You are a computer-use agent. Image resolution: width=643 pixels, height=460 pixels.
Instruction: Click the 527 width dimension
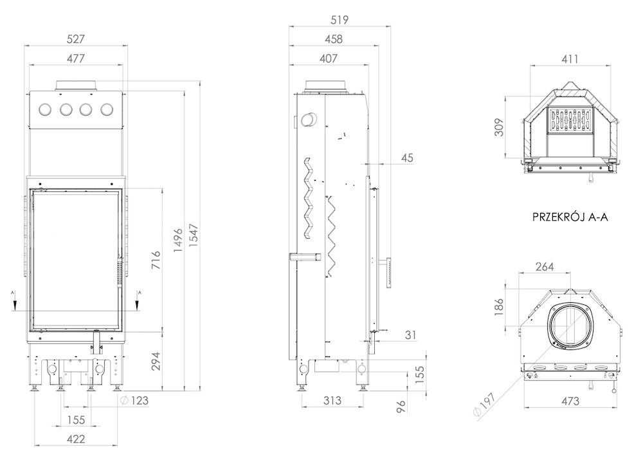75,39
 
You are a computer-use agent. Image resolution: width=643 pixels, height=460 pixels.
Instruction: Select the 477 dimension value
75,59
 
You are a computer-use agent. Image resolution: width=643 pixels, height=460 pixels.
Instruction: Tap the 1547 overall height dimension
193,235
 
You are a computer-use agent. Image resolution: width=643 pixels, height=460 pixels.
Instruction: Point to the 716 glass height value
156,260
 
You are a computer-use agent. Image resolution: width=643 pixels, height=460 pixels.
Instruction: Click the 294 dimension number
156,362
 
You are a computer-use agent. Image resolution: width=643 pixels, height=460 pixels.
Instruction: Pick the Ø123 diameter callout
135,400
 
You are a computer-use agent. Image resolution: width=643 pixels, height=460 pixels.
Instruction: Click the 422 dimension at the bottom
76,439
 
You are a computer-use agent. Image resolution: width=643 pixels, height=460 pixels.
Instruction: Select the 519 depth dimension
339,20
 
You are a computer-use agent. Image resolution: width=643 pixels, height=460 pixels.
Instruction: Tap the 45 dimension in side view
407,158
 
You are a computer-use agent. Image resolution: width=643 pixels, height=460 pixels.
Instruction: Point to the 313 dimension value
332,400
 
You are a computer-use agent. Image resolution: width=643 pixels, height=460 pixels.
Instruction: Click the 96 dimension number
401,406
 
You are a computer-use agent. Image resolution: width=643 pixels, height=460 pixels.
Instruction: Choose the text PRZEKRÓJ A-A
570,217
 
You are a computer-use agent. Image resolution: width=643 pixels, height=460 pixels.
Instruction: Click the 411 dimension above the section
570,59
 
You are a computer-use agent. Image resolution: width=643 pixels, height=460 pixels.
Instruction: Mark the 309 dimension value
499,127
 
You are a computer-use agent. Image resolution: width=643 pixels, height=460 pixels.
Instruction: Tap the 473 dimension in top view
570,401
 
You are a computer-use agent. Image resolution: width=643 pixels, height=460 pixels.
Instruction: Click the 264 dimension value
545,267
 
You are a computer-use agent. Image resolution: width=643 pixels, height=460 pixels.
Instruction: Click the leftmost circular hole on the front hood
45,109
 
